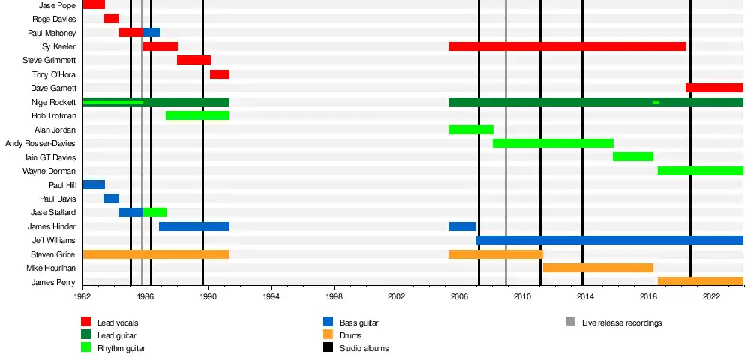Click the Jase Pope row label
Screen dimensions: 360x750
tap(58, 5)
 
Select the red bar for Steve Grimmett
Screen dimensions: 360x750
tap(193, 60)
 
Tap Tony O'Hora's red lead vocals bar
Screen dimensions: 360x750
tap(219, 74)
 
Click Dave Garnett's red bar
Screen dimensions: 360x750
tap(714, 88)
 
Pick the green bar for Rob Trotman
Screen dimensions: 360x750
tap(197, 115)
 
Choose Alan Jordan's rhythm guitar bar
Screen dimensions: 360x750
tap(470, 130)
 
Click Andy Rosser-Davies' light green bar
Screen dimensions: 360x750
tap(553, 143)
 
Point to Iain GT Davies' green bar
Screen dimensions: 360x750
tap(632, 157)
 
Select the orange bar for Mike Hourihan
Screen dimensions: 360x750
tap(598, 268)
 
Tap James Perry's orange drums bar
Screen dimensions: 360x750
tap(700, 281)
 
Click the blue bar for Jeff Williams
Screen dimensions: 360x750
tap(609, 240)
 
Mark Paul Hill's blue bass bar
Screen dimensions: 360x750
tap(94, 184)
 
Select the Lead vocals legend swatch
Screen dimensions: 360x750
tap(86, 322)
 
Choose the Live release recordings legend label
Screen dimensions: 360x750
tap(622, 322)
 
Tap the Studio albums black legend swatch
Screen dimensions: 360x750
tap(328, 348)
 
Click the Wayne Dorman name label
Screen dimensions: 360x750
tap(49, 171)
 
